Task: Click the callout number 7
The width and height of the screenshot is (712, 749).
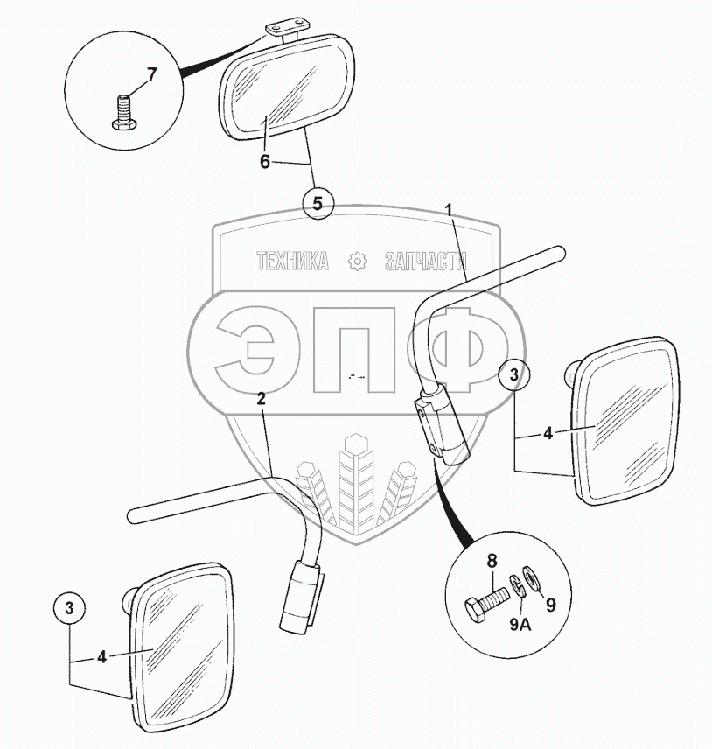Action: [x=151, y=74]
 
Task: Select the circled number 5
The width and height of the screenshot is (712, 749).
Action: [x=318, y=203]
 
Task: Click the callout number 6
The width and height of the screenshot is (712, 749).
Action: [x=265, y=162]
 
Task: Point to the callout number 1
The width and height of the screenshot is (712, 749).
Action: [x=449, y=209]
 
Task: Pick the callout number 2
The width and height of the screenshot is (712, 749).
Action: [x=261, y=398]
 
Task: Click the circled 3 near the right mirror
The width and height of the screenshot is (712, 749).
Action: [x=514, y=374]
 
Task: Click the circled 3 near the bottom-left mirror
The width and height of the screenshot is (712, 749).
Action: [x=73, y=605]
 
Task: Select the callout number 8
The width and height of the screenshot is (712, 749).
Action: [x=492, y=561]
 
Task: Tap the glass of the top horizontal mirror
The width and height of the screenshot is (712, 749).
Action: [x=289, y=87]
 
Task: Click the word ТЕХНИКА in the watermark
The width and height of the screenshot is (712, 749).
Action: [x=292, y=261]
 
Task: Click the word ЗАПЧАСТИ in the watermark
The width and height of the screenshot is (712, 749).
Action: [x=424, y=261]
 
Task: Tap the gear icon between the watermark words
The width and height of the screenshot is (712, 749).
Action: [x=356, y=261]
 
